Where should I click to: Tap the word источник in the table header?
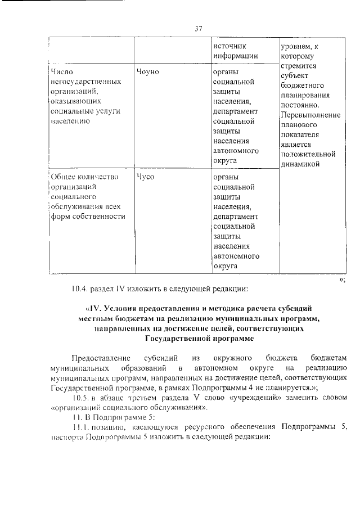coord(230,46)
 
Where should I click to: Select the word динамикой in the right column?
coord(300,164)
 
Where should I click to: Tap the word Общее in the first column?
coord(62,177)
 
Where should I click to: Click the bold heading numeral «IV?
coord(95,309)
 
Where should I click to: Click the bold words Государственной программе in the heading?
coord(195,339)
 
